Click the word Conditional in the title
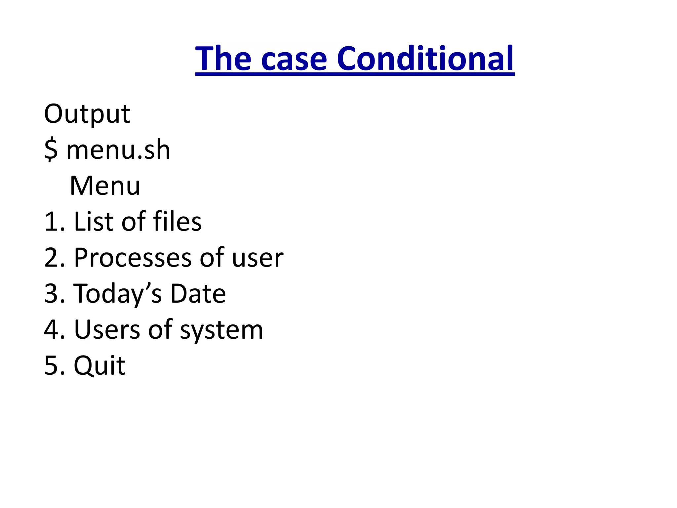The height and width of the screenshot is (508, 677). pyautogui.click(x=425, y=59)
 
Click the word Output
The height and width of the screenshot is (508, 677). pyautogui.click(x=87, y=114)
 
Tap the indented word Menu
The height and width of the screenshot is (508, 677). pyautogui.click(x=105, y=186)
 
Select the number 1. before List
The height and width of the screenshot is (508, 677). pyautogui.click(x=54, y=222)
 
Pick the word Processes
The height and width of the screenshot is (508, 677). pyautogui.click(x=133, y=258)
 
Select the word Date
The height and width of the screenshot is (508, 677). pyautogui.click(x=198, y=294)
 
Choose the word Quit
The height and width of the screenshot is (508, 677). pyautogui.click(x=100, y=366)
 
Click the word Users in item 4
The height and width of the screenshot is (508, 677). pyautogui.click(x=107, y=330)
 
